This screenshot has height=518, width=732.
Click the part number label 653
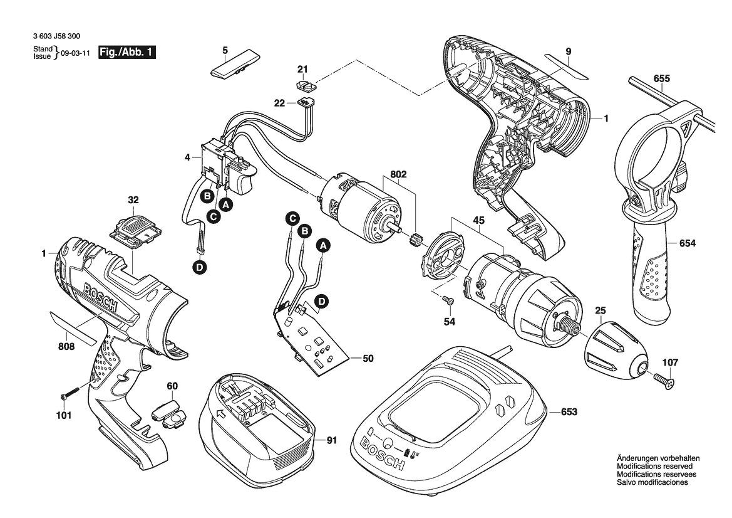coord(569,412)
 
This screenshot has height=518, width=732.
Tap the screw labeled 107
coord(664,379)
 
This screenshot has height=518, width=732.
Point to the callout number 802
coord(398,176)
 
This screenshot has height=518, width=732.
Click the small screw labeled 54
coord(448,301)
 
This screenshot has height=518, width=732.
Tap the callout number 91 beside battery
coord(332,440)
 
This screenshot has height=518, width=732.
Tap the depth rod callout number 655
coord(661,78)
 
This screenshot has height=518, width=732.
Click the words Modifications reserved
coord(654,467)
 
